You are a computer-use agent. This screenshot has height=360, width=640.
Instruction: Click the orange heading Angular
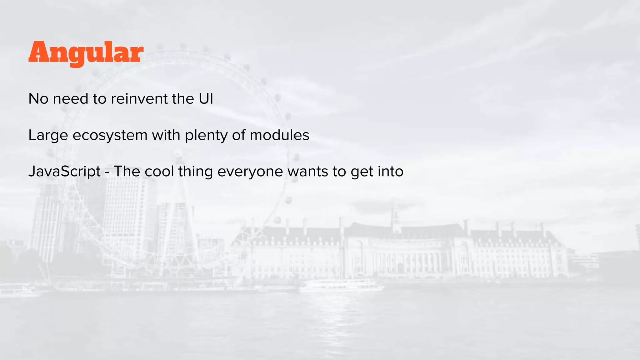86,53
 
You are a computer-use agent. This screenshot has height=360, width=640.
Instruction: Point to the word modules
279,135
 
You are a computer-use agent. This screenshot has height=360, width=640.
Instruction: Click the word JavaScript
64,172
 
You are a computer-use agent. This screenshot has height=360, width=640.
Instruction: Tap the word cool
159,171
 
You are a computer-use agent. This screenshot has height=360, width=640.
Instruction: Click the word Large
48,136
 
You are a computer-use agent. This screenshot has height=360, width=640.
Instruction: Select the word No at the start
38,99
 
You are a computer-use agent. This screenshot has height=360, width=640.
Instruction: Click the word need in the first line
71,99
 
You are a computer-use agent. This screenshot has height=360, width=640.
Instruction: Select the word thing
195,172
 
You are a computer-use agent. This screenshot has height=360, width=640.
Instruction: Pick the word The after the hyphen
127,171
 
